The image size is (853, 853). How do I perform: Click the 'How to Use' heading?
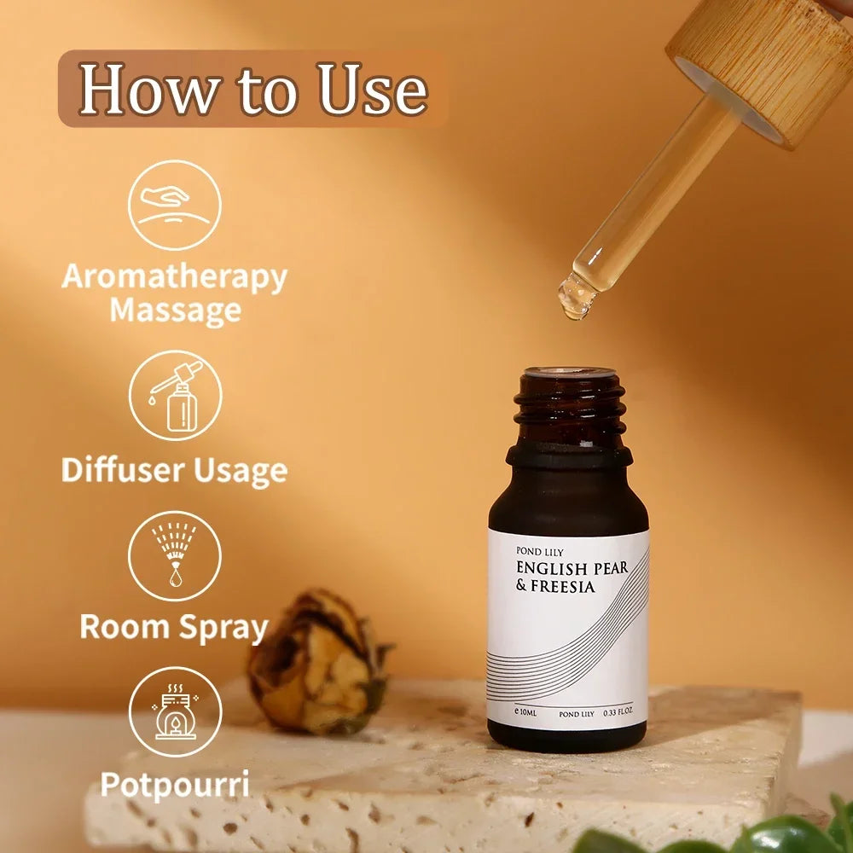253,89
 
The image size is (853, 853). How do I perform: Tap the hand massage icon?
175,205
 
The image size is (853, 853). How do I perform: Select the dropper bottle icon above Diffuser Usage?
175,396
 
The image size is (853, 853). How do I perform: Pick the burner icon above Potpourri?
175,711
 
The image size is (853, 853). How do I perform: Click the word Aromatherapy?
175,278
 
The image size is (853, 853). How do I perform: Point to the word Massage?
176,310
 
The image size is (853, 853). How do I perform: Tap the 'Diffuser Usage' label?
174,470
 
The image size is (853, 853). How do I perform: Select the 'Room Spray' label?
174,627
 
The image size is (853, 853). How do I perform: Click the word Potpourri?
175,785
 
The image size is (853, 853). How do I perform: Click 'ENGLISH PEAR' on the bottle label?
572,568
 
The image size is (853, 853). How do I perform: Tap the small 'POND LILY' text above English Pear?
540,552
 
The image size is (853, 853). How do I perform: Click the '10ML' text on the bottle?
528,712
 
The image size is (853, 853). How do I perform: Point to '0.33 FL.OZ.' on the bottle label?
618,711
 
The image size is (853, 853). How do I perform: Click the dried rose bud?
319,662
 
